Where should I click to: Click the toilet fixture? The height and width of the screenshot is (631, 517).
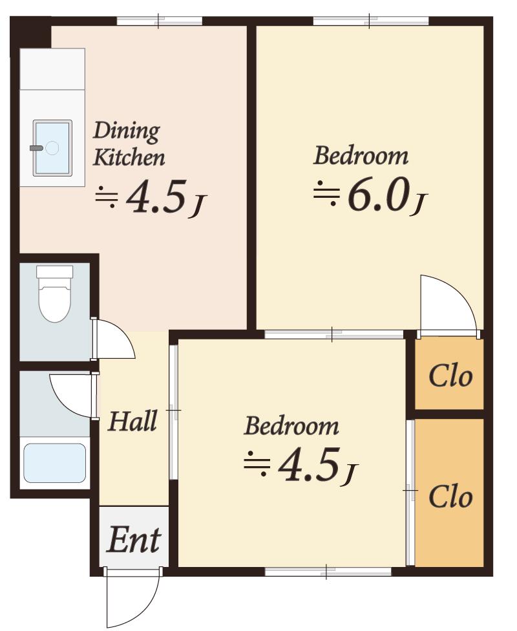pyautogui.click(x=54, y=294)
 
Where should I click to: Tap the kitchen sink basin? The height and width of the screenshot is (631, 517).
pyautogui.click(x=52, y=148)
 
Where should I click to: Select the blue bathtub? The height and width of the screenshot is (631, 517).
pyautogui.click(x=55, y=463)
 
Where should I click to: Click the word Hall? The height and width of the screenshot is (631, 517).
pyautogui.click(x=132, y=422)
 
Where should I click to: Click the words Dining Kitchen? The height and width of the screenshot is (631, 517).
pyautogui.click(x=129, y=144)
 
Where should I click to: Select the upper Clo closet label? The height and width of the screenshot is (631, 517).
pyautogui.click(x=450, y=377)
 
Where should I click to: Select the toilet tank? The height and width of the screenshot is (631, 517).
pyautogui.click(x=54, y=272)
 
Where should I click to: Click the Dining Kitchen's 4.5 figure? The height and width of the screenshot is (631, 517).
pyautogui.click(x=157, y=197)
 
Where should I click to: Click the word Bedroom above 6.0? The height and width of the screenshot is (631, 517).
pyautogui.click(x=361, y=156)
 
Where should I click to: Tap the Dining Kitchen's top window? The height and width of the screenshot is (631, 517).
pyautogui.click(x=160, y=21)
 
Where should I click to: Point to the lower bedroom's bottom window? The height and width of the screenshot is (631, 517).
pyautogui.click(x=328, y=571)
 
